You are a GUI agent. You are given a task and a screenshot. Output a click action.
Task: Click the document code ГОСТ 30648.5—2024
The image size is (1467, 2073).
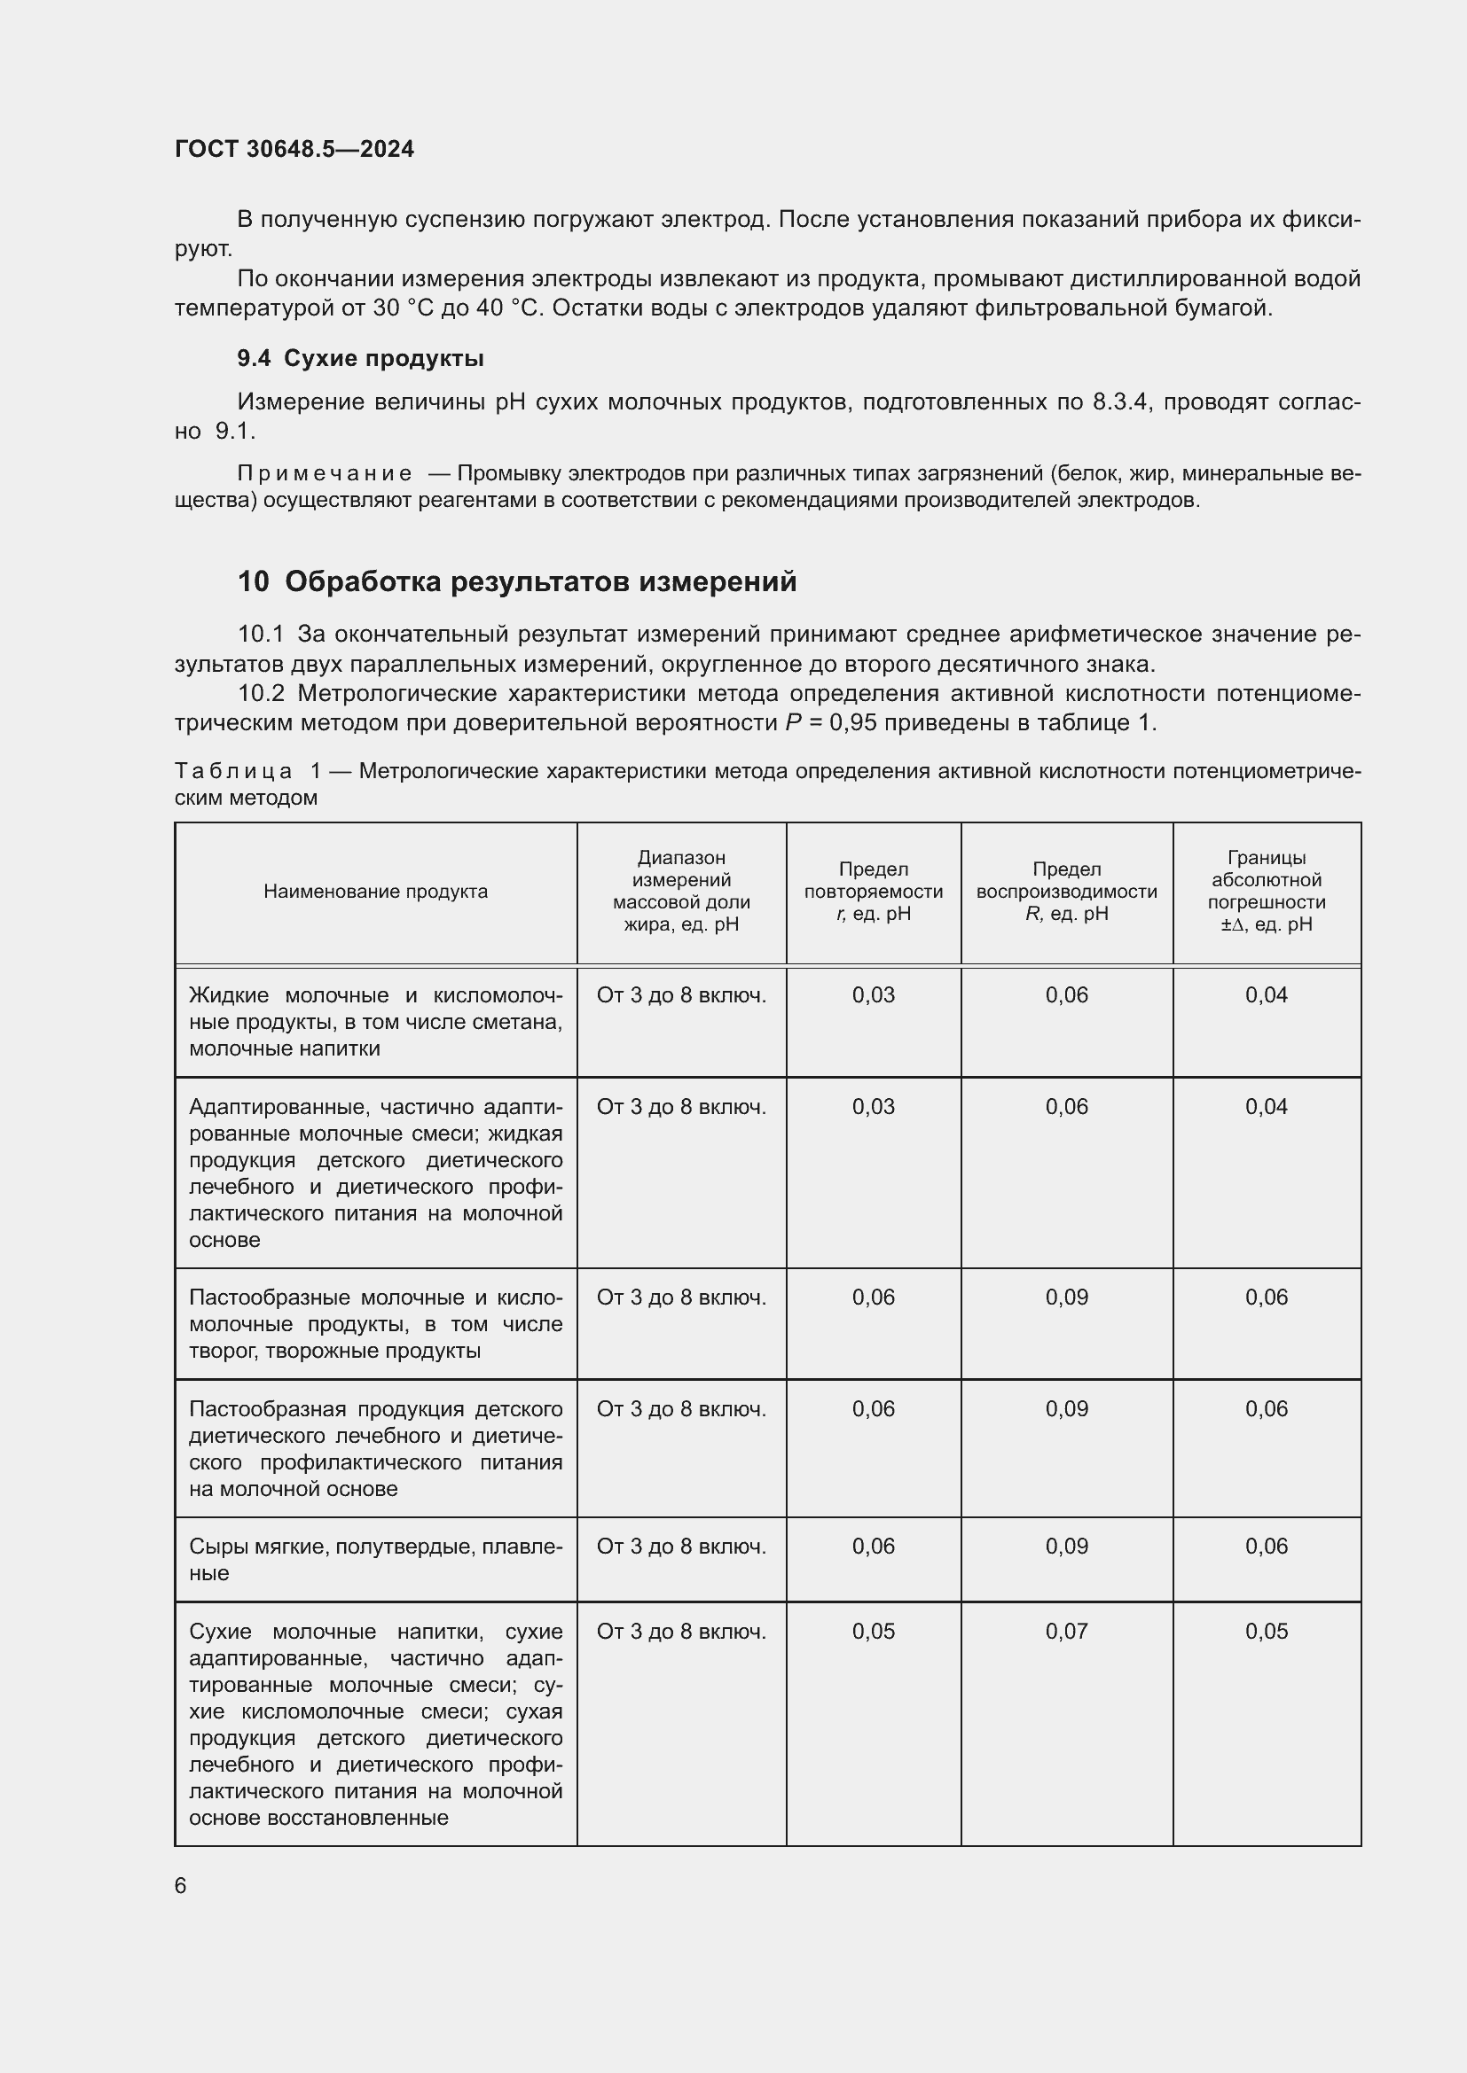294,149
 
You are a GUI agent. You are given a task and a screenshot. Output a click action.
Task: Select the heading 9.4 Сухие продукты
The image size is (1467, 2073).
359,358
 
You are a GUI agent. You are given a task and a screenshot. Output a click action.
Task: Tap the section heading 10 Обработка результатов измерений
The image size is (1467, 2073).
517,581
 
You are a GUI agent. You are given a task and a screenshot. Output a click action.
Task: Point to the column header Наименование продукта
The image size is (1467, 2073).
375,891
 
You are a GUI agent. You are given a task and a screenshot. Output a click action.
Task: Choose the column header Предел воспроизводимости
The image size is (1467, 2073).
1066,891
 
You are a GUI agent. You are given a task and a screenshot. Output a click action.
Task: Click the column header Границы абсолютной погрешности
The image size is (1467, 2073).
1266,891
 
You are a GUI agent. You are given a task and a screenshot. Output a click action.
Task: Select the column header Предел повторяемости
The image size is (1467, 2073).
873,891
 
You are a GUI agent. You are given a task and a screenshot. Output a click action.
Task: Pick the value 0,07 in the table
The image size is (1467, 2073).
1066,1631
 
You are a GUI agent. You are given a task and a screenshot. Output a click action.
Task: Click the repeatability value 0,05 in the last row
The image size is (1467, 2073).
873,1631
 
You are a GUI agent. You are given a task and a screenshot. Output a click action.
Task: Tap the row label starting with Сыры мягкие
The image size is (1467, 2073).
375,1559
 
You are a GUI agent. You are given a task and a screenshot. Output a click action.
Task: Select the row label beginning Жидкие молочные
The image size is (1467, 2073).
375,1021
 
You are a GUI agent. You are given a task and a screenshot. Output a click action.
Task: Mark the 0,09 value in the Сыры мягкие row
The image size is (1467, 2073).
1066,1546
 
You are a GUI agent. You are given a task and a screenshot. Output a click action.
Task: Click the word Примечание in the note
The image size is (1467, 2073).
325,473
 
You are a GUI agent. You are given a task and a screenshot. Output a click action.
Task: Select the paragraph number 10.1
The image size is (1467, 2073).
260,635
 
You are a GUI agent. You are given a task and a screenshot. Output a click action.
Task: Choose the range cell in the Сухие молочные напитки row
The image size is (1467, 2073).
681,1631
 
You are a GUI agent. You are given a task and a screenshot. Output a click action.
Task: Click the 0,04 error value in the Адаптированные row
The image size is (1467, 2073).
1266,1106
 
